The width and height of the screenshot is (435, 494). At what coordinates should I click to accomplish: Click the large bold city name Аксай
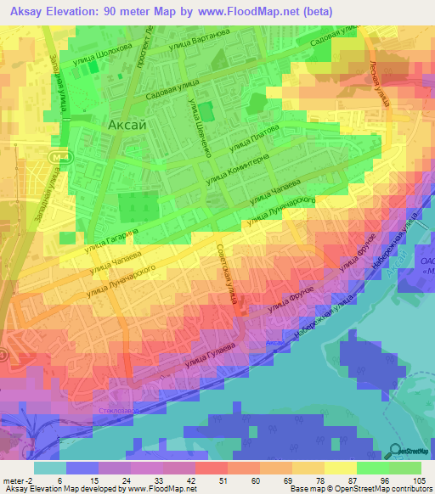(x=128, y=125)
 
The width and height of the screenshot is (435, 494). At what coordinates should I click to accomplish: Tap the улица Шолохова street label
(x=103, y=48)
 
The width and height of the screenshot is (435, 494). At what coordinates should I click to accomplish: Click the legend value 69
(x=280, y=480)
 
